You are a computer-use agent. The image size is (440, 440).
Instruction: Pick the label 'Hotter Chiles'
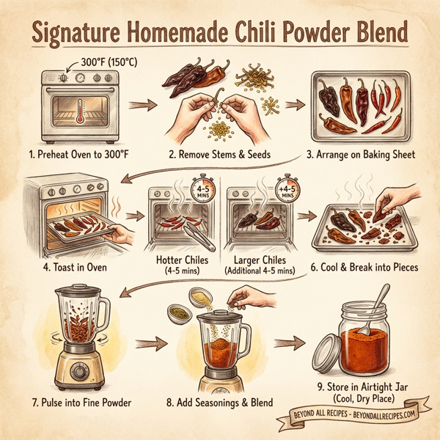(183, 259)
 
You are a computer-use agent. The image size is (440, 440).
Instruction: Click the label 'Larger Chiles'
(263, 259)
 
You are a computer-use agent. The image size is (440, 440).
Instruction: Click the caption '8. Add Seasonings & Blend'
(221, 402)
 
